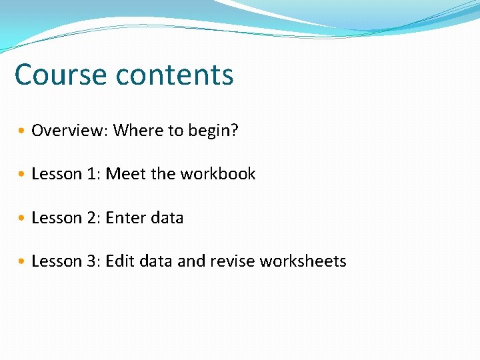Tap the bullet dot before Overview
(x=23, y=131)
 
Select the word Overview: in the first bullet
(x=69, y=130)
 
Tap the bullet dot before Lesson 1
(x=23, y=175)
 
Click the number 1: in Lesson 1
(x=93, y=174)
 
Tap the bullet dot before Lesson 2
(x=23, y=219)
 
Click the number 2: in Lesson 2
(x=93, y=218)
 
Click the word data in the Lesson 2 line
(x=167, y=218)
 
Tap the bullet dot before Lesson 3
(x=23, y=262)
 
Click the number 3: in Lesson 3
(x=93, y=261)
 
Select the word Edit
(x=119, y=261)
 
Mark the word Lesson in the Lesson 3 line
(x=57, y=261)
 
